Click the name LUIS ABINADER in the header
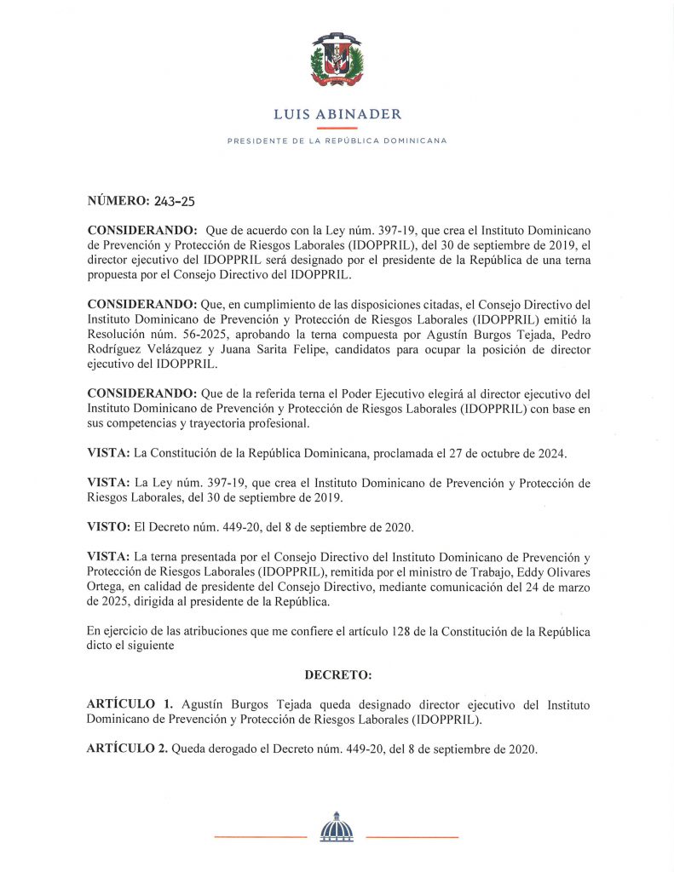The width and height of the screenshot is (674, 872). (x=337, y=114)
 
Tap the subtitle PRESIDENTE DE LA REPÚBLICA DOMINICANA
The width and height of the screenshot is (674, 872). (x=337, y=141)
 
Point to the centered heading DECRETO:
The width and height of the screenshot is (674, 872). (x=337, y=675)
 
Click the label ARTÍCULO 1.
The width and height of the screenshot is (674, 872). (x=130, y=705)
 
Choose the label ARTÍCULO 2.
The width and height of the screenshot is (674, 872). (x=127, y=749)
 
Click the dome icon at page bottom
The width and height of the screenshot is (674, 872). (x=336, y=827)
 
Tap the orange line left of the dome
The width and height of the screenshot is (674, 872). (x=259, y=838)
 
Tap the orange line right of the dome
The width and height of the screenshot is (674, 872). (x=412, y=838)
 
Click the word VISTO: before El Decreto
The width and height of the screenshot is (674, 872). (x=107, y=525)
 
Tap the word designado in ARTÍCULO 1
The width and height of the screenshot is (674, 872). (x=331, y=705)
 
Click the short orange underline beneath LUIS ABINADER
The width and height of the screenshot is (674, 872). (x=337, y=127)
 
